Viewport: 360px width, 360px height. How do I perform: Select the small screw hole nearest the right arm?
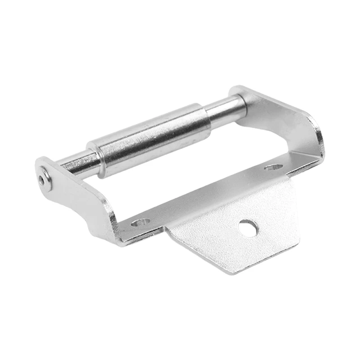pyautogui.click(x=273, y=167)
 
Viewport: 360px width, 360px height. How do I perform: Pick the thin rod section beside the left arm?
pyautogui.click(x=79, y=162)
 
